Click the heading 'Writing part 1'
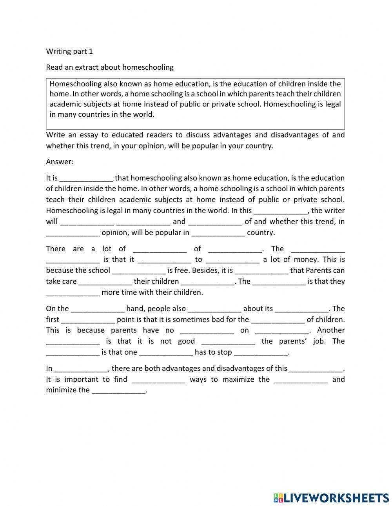69,51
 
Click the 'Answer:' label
60,161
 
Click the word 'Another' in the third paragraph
331,330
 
